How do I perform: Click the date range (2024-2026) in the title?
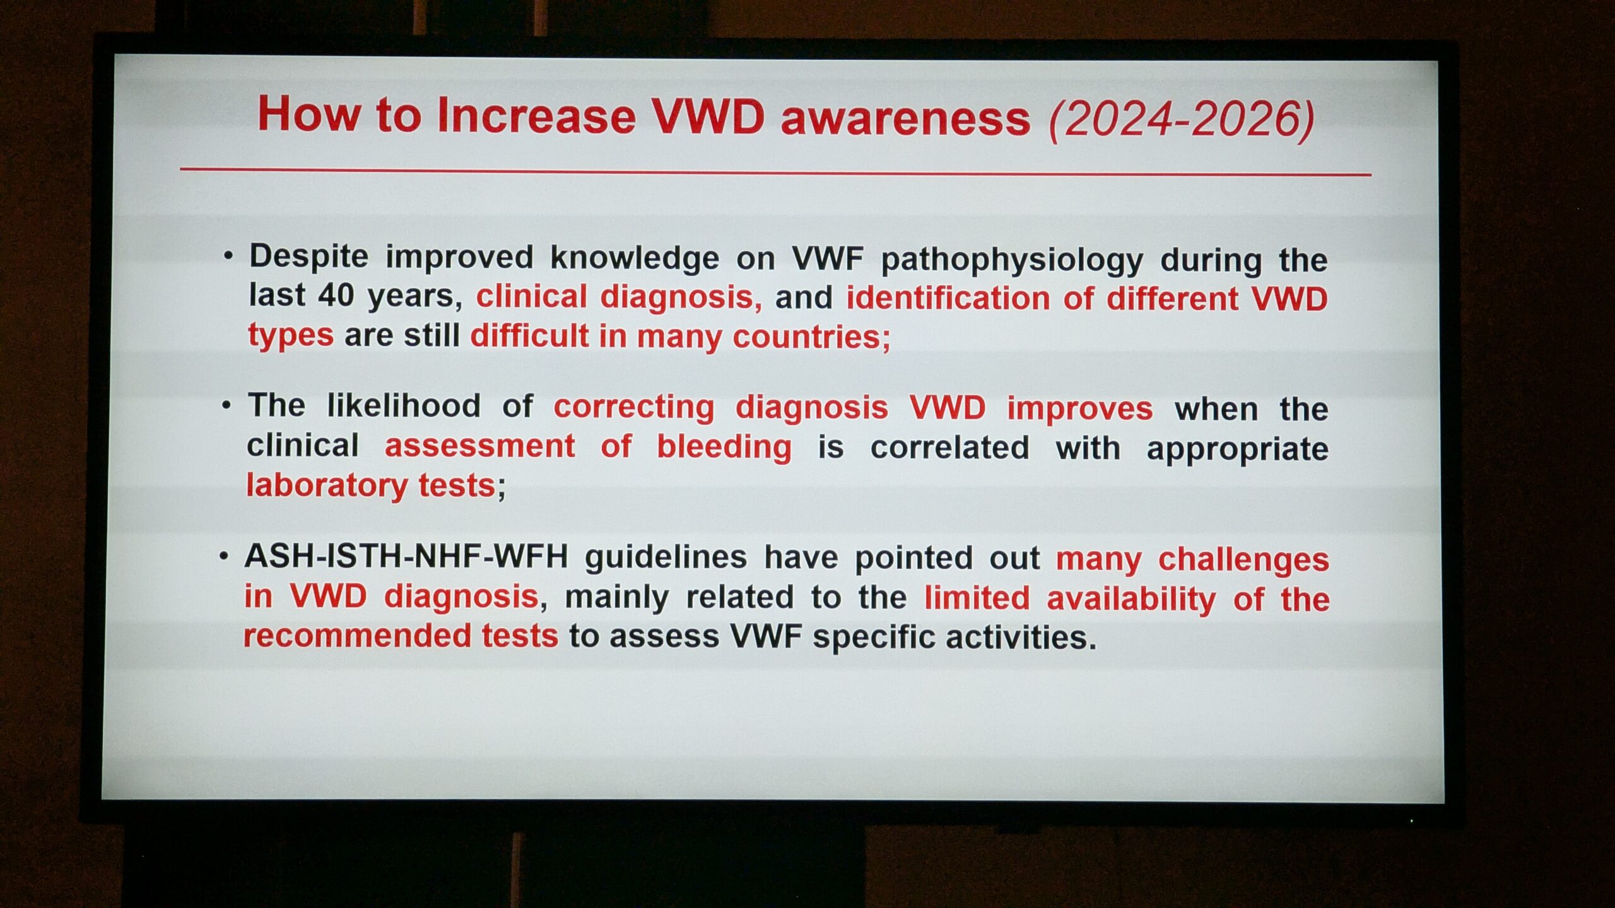[x=1182, y=120]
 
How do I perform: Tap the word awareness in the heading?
[x=905, y=118]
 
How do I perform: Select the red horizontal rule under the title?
[x=775, y=172]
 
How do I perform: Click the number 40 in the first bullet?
[x=336, y=294]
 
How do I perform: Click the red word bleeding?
[x=724, y=447]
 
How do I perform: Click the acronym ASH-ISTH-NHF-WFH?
[x=406, y=556]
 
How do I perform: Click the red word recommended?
[x=357, y=636]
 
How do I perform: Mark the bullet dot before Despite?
[x=228, y=256]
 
